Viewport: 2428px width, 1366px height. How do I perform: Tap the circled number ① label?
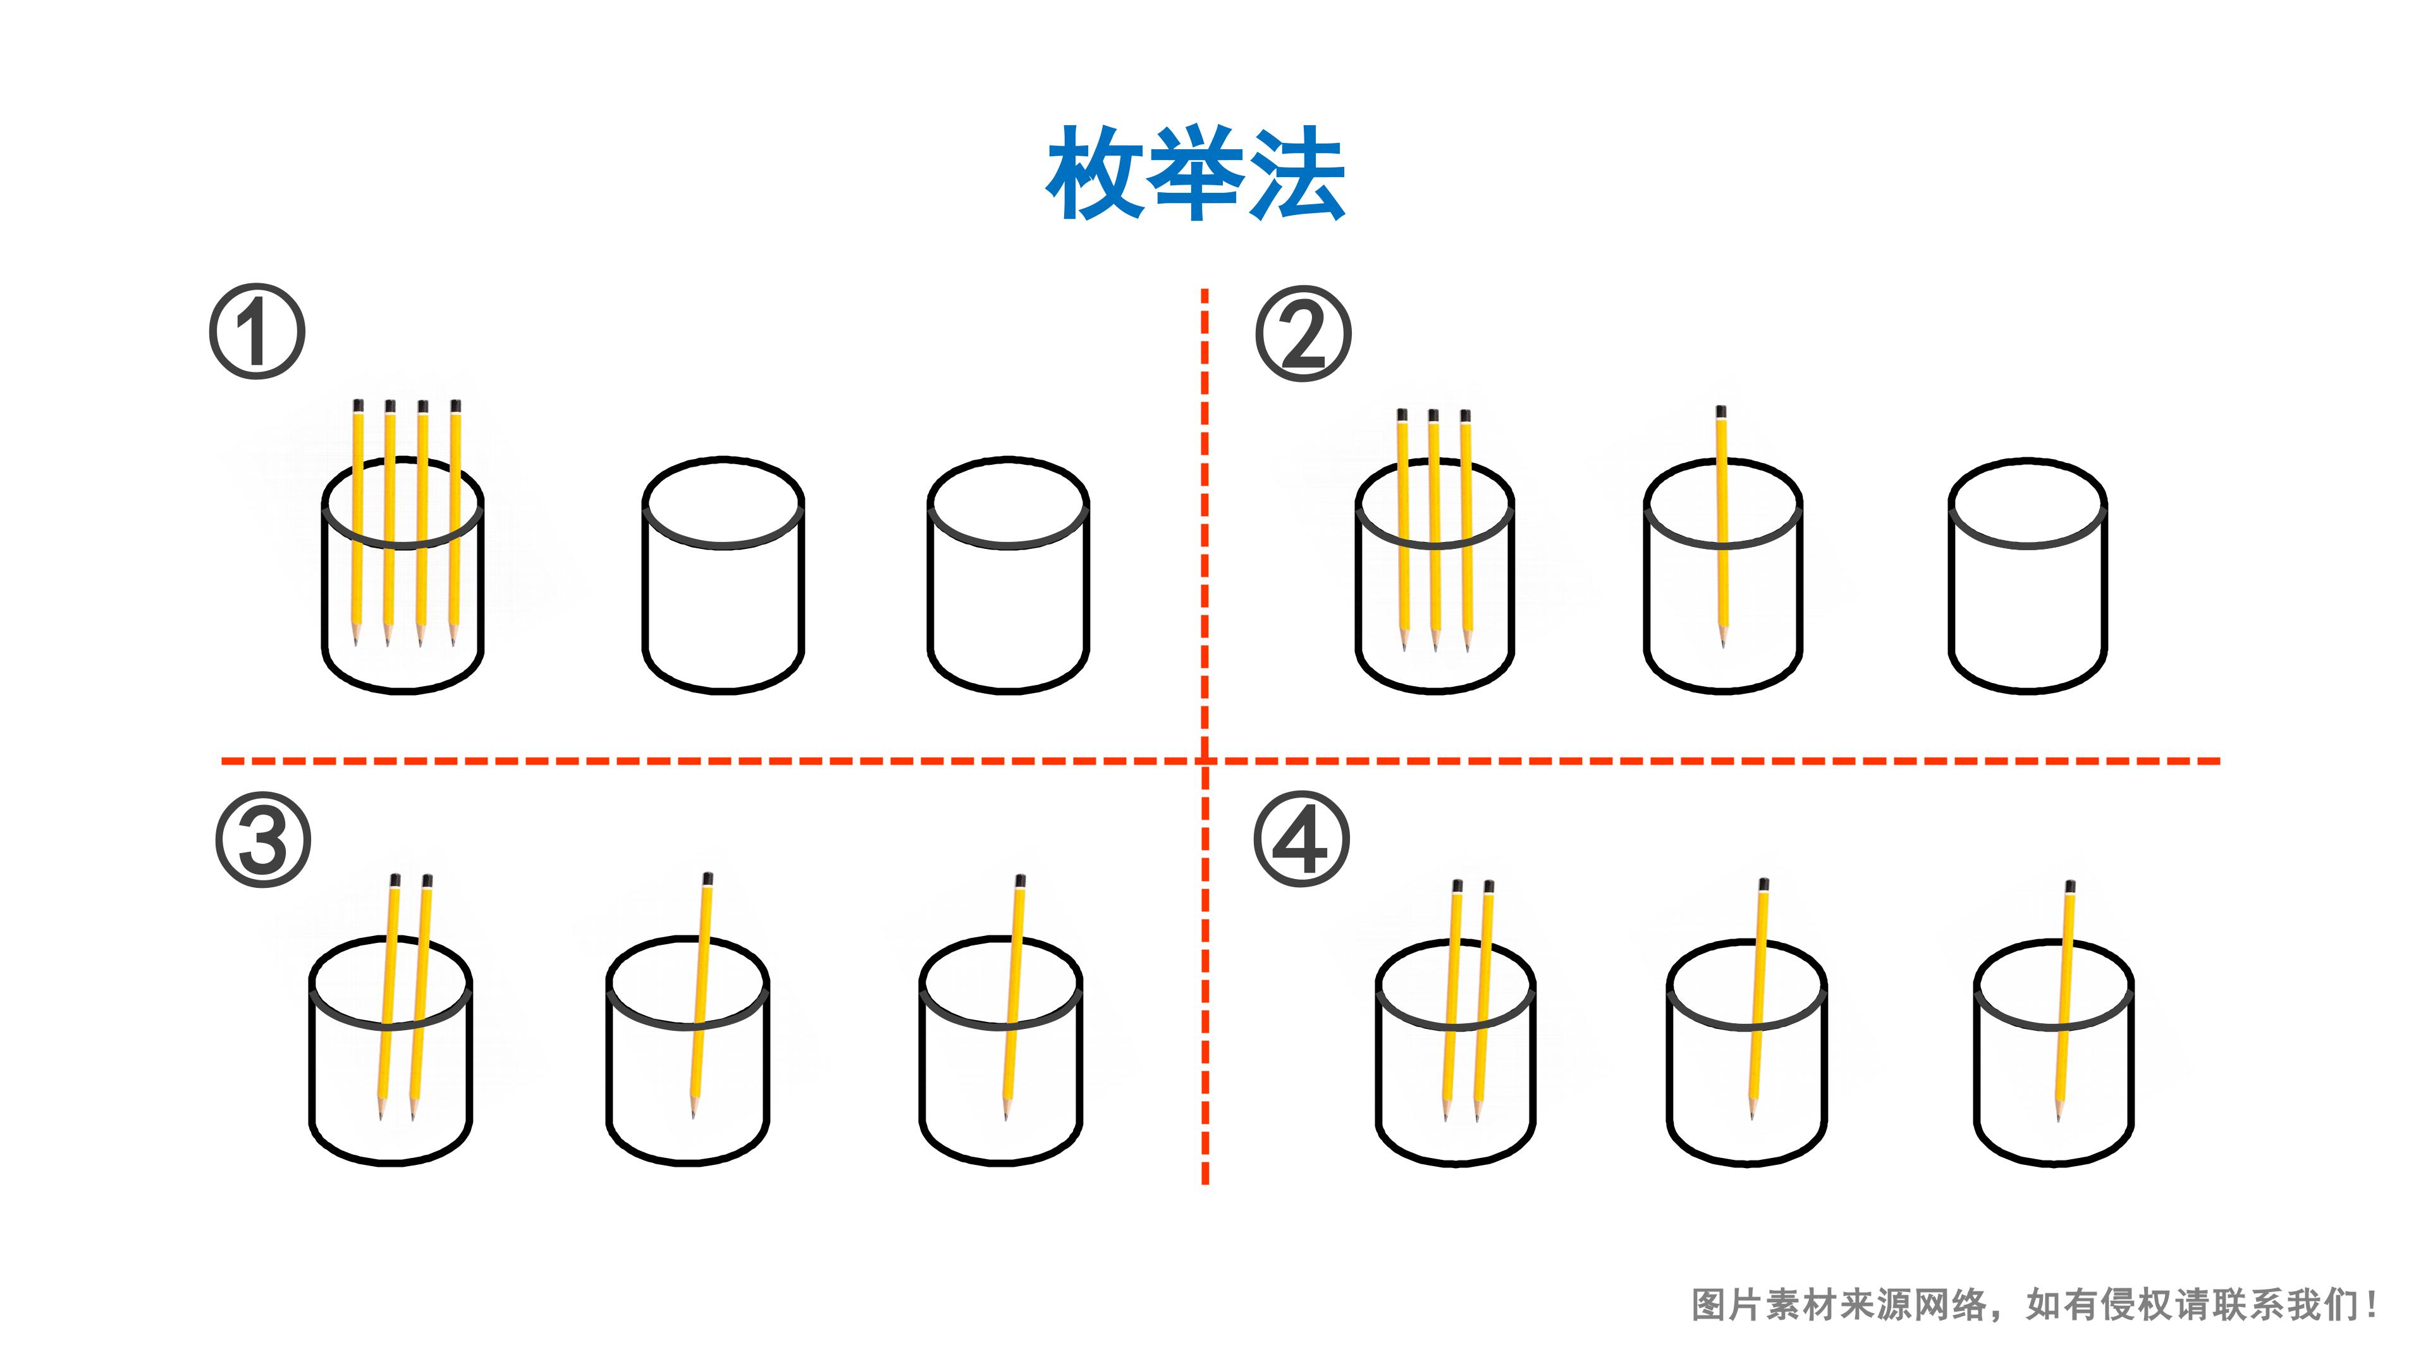256,332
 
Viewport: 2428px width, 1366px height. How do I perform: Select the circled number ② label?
1304,334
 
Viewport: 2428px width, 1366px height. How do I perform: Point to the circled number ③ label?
263,839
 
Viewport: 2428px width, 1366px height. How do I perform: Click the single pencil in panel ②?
1722,528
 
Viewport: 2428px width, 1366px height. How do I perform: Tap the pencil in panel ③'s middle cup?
701,995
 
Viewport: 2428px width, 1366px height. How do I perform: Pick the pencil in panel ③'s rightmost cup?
1013,997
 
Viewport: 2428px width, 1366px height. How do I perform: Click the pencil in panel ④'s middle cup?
1758,999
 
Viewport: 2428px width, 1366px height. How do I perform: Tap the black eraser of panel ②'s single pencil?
1721,412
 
